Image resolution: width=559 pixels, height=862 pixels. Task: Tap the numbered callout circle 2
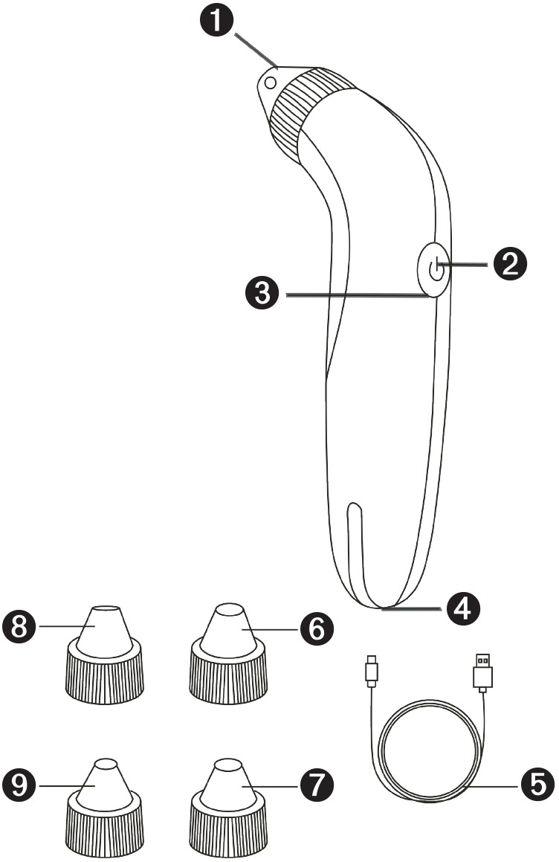coord(510,265)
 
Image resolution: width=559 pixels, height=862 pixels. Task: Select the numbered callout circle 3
coord(262,293)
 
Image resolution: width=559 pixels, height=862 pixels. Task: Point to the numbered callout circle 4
coord(463,608)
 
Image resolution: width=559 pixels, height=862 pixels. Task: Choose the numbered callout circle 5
coord(536,785)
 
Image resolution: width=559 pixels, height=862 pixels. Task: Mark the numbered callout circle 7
coord(317,785)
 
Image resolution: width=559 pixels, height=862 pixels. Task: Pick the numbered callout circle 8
coord(19,627)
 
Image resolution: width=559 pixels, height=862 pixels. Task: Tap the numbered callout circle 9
coord(19,785)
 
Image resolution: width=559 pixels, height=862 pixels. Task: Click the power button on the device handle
coord(434,269)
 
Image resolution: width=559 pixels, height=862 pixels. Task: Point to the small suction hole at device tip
coord(269,83)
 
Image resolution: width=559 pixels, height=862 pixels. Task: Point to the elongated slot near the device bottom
coord(355,550)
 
